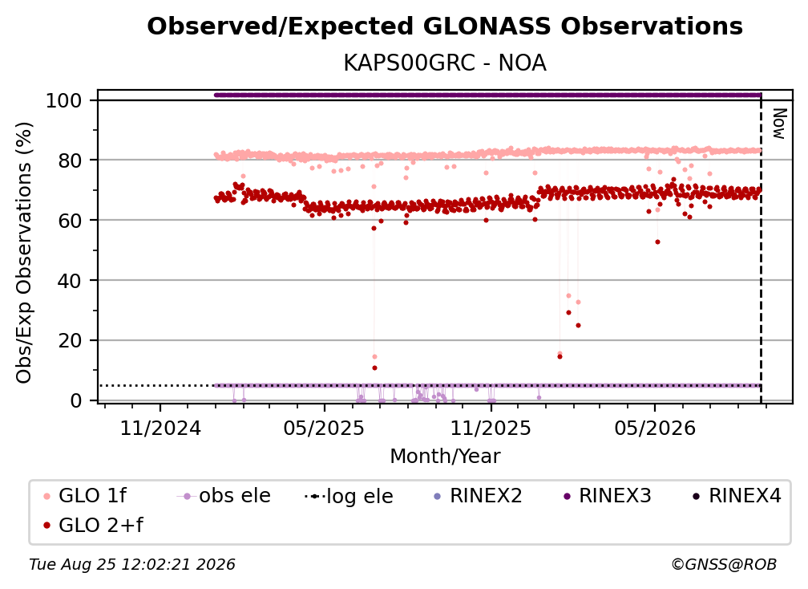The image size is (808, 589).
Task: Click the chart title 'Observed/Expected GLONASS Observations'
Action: (x=445, y=26)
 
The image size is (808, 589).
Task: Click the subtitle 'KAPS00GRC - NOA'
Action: (x=445, y=63)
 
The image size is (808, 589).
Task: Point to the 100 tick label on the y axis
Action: (x=64, y=100)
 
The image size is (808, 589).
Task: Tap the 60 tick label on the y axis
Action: (x=70, y=221)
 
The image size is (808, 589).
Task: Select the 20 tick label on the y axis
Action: (x=70, y=341)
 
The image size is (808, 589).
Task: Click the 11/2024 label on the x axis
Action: (x=160, y=429)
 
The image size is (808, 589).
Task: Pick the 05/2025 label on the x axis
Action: (x=324, y=429)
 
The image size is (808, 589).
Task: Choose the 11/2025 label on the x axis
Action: (x=491, y=429)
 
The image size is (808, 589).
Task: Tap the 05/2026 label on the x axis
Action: (x=655, y=429)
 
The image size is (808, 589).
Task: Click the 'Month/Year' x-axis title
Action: (x=445, y=457)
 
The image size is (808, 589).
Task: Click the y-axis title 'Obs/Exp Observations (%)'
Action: (x=24, y=253)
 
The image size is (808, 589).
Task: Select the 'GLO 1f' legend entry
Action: (x=85, y=496)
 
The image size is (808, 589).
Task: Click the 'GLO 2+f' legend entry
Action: (x=93, y=526)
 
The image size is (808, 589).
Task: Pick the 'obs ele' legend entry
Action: (x=224, y=496)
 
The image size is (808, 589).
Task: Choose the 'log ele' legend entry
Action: (x=349, y=497)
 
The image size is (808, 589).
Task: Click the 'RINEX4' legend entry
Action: (x=737, y=496)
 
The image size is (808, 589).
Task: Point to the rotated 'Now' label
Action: (x=779, y=124)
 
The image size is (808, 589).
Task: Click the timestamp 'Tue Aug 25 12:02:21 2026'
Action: (x=132, y=565)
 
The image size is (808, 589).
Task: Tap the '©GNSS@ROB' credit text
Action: (x=724, y=565)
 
